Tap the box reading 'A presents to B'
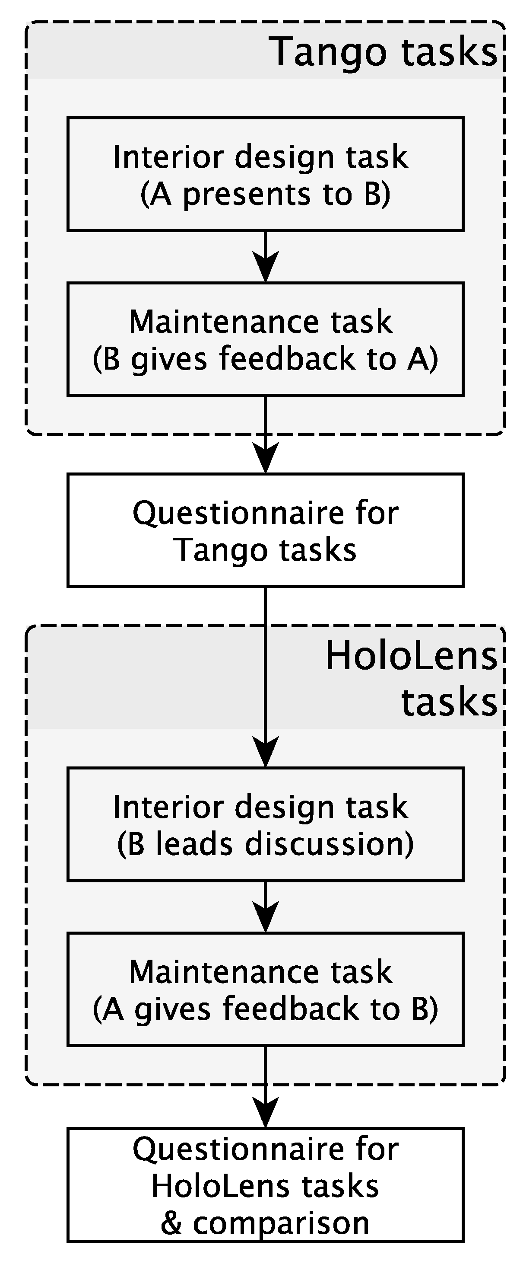click(265, 174)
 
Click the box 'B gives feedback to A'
click(265, 339)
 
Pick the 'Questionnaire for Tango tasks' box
click(265, 530)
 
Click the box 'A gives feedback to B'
click(265, 990)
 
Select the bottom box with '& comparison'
click(265, 1185)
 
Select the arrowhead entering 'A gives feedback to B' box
click(265, 918)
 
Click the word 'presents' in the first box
click(247, 195)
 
